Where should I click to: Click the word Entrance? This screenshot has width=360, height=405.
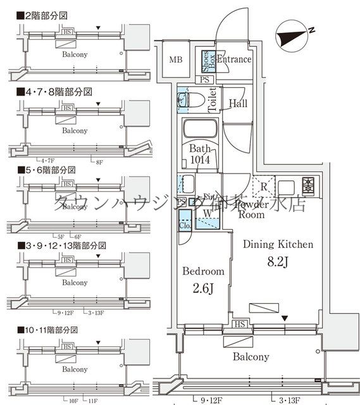[x=234, y=59]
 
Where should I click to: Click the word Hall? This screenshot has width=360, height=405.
[x=238, y=103]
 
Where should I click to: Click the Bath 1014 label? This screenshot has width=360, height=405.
[x=200, y=155]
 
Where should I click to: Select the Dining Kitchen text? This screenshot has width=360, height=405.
[x=278, y=244]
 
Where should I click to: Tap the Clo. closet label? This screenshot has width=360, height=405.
[x=185, y=225]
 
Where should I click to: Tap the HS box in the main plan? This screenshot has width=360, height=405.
[x=240, y=325]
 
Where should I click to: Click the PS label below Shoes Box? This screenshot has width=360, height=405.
[x=204, y=80]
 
